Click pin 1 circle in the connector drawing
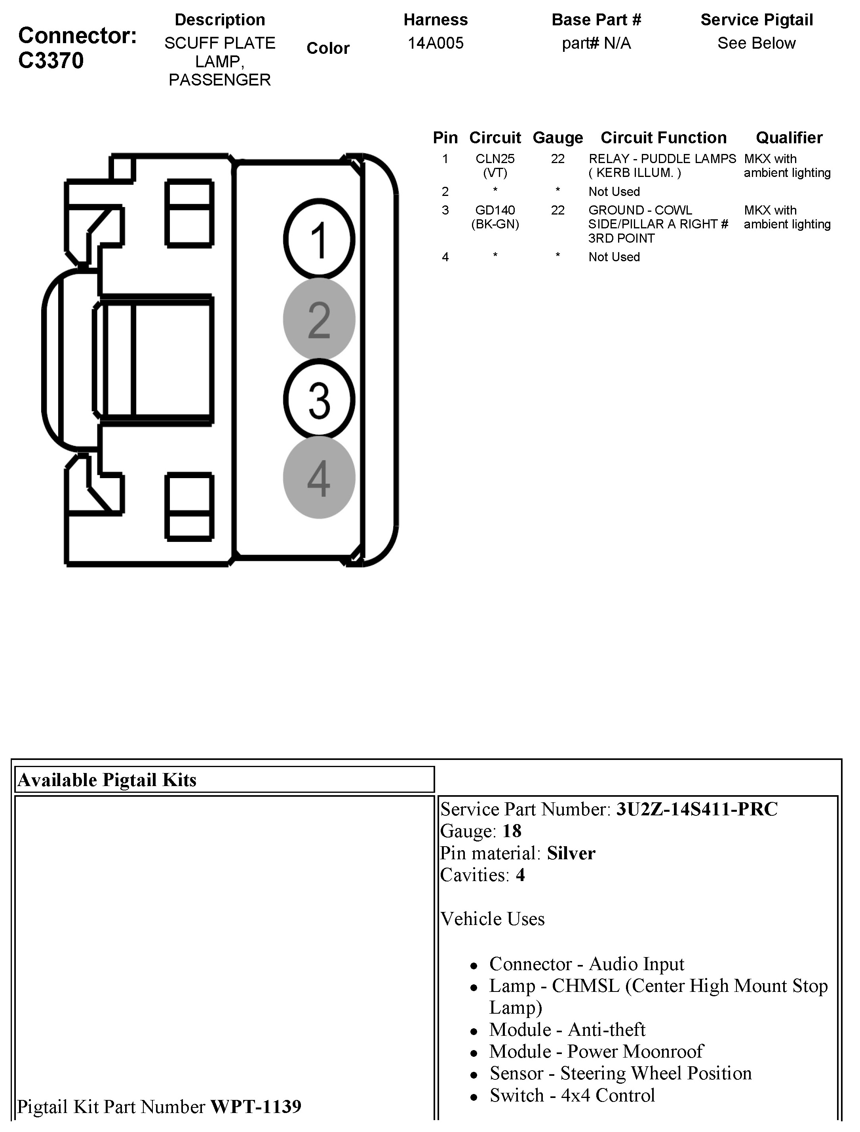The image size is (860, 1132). [319, 239]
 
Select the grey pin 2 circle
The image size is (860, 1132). [319, 319]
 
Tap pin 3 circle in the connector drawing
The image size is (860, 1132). [319, 399]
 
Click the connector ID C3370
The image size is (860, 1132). [51, 61]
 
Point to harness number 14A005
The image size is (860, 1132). [435, 43]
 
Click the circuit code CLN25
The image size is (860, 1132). [495, 159]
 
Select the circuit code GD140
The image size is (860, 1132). [495, 210]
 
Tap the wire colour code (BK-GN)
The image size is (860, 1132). [495, 224]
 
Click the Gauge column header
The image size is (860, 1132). [557, 138]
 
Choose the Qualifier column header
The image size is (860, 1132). [789, 138]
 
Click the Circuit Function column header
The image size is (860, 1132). [664, 138]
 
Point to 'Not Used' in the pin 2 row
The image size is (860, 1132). [614, 192]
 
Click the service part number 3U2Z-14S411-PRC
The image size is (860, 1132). [697, 809]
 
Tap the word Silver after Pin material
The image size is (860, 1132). [571, 853]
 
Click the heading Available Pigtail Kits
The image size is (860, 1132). [107, 780]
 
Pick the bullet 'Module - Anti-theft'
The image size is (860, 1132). [567, 1029]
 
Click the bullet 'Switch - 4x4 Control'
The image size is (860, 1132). [572, 1095]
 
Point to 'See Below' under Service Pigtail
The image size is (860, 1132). [756, 43]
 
